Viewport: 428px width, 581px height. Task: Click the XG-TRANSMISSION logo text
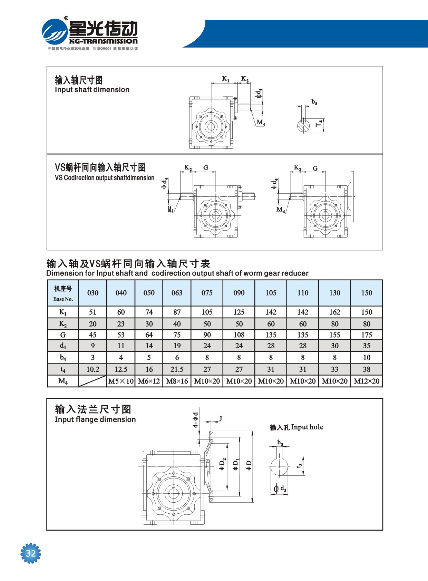103,41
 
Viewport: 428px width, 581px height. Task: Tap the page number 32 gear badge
31,553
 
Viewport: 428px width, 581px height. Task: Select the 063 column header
177,293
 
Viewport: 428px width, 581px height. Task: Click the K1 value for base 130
334,312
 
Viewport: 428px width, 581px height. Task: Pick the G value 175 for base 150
367,335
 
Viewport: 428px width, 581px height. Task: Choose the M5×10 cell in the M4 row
121,381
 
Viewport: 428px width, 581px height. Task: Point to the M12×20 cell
367,381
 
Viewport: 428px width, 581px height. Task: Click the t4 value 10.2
93,369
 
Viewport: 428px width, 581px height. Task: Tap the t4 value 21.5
177,369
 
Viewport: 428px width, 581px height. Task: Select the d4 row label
63,346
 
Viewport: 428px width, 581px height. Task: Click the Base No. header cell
63,293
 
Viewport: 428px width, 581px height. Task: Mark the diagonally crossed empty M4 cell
93,381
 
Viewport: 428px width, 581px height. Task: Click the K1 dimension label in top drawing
225,79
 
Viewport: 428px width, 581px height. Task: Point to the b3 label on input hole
280,443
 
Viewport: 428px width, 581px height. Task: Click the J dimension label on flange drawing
221,418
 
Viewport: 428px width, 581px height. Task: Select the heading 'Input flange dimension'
95,419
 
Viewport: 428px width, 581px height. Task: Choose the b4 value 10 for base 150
367,357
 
